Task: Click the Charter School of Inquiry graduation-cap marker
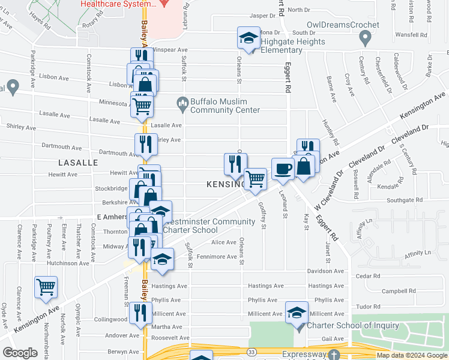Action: click(297, 314)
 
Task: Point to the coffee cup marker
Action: click(282, 170)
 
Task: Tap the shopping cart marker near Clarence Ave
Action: click(46, 287)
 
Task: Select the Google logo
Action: click(20, 353)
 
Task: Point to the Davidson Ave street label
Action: click(327, 271)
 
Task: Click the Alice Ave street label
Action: click(223, 242)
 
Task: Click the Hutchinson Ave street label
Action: click(67, 263)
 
